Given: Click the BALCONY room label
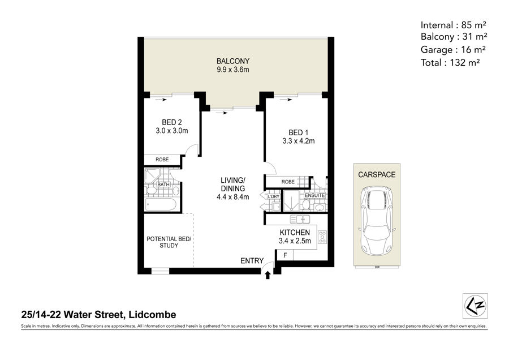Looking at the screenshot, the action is coord(233,61).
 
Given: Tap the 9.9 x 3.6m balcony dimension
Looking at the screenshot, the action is coord(233,70).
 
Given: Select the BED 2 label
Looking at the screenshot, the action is coord(172,122).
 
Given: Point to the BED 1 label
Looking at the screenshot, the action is coord(298,132).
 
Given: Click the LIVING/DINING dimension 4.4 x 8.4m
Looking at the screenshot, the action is coord(233,197).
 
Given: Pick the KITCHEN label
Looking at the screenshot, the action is coord(295,232).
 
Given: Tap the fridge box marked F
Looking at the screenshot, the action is coord(284,255).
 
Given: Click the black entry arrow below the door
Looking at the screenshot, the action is coord(268,275).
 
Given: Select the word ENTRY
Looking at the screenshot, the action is coord(252,260).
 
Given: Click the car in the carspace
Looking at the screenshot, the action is coord(377,221).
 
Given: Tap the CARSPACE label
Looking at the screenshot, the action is coord(377,175).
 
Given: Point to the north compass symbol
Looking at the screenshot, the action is coord(476,306).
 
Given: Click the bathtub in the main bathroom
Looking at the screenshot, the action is coord(161,205).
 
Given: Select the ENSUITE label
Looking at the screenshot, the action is coord(314,195).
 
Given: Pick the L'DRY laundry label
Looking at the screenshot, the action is coord(273,196).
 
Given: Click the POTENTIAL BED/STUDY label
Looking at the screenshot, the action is coord(169,242).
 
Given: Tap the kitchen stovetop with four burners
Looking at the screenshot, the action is coord(322,237).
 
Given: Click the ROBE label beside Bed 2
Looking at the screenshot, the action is coord(162,160).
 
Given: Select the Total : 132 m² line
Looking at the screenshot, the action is coord(450,62).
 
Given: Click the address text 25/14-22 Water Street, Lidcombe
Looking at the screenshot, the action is coord(98,315).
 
